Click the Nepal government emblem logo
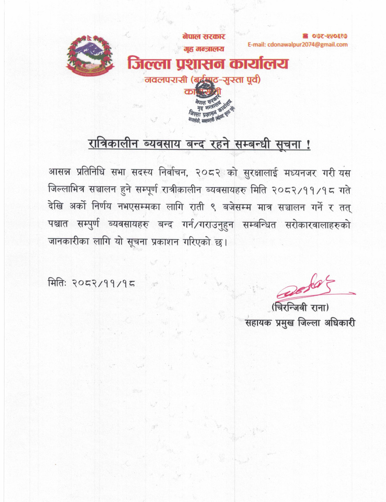[x=89, y=58]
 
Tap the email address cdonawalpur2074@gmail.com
[x=298, y=45]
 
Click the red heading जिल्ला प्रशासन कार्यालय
[x=208, y=64]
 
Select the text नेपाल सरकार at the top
[x=204, y=37]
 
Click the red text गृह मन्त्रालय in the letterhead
[x=204, y=49]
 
